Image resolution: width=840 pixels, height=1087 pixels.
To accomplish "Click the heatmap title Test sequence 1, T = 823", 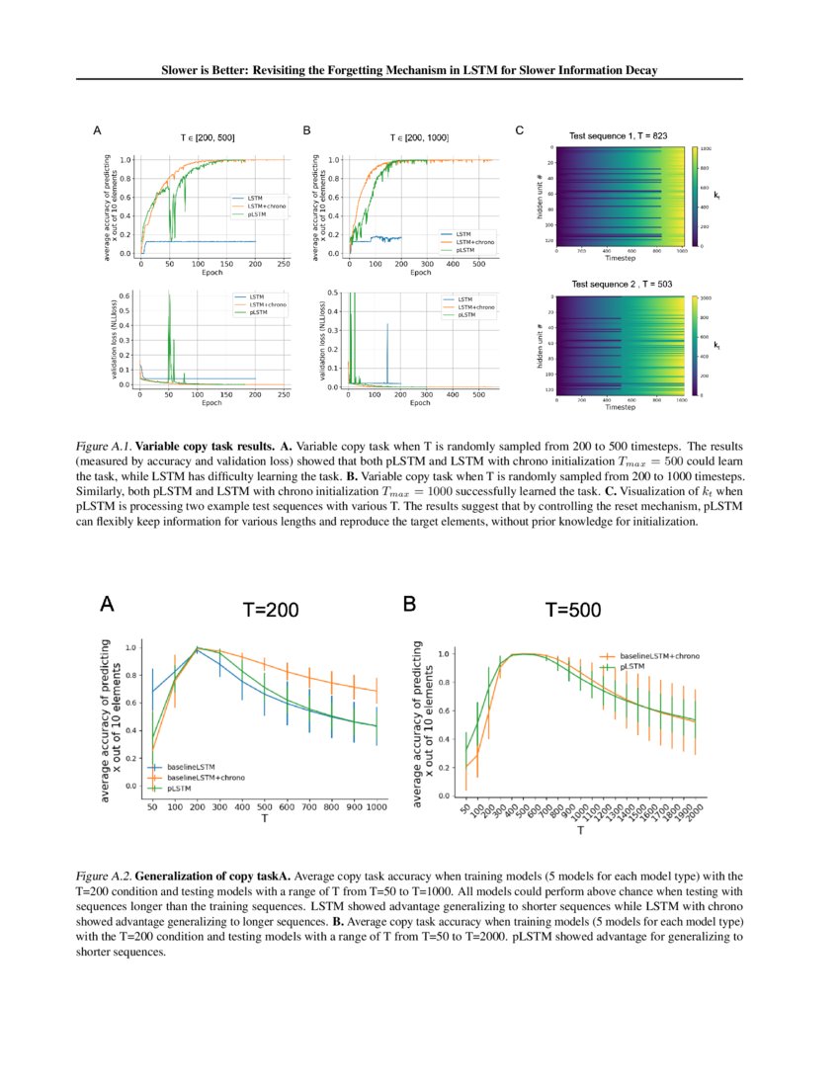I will [x=619, y=134].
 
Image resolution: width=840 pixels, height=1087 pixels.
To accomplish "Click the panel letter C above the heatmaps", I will [x=521, y=129].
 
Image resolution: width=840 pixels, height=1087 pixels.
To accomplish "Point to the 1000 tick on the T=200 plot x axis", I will [x=375, y=808].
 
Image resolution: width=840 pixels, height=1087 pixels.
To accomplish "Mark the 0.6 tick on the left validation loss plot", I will [x=125, y=295].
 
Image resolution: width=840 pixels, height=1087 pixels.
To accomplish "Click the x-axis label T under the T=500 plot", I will [x=580, y=832].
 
